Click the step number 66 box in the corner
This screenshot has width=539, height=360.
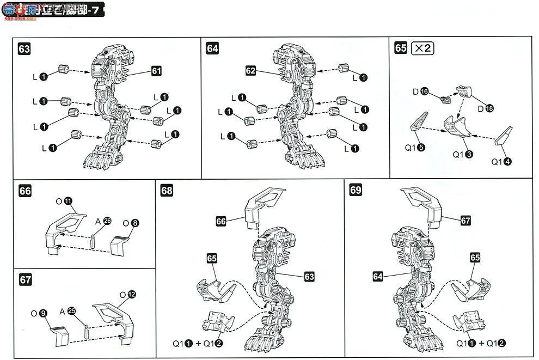(x=24, y=191)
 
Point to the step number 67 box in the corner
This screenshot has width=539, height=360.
(x=24, y=279)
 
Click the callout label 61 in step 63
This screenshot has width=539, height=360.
(x=157, y=71)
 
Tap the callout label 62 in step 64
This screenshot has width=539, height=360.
(x=250, y=71)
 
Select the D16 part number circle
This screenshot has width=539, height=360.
(x=425, y=91)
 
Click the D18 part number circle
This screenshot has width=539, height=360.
(x=489, y=108)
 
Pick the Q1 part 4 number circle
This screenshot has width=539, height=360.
(x=511, y=161)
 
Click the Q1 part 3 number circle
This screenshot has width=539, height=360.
(x=469, y=154)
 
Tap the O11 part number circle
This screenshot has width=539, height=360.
(x=68, y=201)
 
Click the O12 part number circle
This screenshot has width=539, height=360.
(x=131, y=294)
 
